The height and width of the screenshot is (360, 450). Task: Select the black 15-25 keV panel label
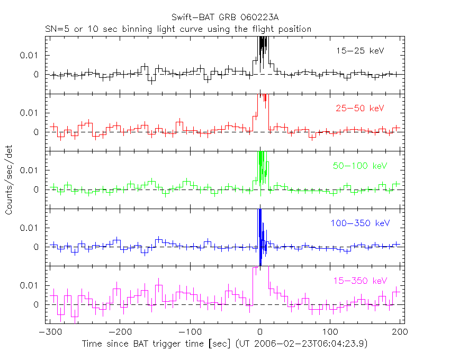359,51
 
